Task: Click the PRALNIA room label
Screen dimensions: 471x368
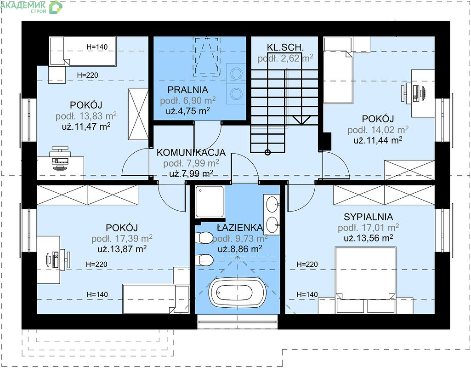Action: (x=188, y=90)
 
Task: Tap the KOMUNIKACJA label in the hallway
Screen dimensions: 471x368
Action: (x=191, y=152)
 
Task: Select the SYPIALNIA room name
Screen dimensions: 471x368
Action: (x=368, y=217)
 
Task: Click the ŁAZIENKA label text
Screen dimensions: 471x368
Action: (x=240, y=227)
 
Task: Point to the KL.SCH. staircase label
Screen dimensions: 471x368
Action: (x=285, y=47)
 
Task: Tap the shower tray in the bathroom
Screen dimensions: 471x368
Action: (x=210, y=201)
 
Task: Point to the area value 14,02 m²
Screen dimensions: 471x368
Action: (x=390, y=130)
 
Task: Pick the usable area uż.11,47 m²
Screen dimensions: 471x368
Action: (x=86, y=126)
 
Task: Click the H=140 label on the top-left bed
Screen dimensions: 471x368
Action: (x=96, y=47)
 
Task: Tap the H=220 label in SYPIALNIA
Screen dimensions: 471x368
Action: (x=307, y=264)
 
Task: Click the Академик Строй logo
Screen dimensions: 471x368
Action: (x=31, y=7)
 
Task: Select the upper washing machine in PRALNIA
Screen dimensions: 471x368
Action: (x=236, y=73)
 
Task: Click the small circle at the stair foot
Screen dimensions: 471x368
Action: (x=267, y=152)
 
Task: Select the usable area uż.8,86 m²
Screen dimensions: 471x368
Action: (x=240, y=249)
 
